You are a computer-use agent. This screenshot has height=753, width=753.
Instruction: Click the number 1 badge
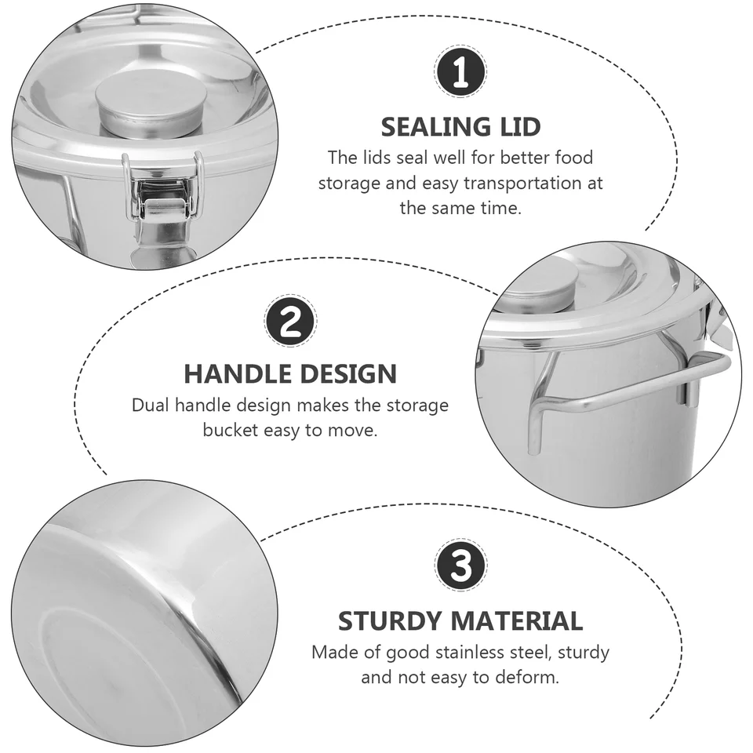click(460, 71)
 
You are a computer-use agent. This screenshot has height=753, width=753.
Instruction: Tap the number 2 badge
click(290, 320)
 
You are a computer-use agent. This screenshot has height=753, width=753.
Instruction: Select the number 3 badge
click(460, 564)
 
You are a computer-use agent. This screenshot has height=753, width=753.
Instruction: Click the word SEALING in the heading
click(436, 127)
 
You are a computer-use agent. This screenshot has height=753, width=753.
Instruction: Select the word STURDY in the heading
click(390, 621)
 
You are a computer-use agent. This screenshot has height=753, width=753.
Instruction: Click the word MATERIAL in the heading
click(517, 621)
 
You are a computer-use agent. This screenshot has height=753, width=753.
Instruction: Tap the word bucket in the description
click(231, 430)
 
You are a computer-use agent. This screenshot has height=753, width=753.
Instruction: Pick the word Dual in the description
click(151, 406)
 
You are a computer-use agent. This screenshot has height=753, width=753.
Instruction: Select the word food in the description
click(574, 158)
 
